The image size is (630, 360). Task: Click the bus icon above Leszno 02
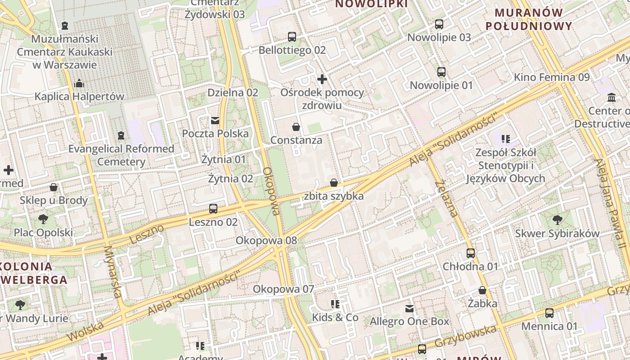click(213, 209)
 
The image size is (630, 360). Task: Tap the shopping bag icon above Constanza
click(296, 127)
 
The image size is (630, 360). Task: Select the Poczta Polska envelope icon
click(215, 120)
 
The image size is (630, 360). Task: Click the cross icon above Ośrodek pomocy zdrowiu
click(322, 79)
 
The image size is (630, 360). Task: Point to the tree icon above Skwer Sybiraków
click(557, 220)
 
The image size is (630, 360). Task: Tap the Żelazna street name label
click(446, 198)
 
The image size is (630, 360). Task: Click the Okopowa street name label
click(271, 191)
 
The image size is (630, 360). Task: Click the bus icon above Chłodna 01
click(471, 253)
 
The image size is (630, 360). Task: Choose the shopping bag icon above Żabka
click(482, 291)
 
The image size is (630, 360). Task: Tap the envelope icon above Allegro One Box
click(409, 309)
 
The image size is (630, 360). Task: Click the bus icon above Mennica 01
click(549, 313)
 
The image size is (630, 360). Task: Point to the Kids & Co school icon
click(335, 304)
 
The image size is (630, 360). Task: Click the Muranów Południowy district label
click(529, 19)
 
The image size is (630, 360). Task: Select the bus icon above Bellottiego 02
click(292, 37)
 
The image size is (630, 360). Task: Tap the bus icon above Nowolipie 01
click(441, 72)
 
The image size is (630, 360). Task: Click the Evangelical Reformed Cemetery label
click(121, 155)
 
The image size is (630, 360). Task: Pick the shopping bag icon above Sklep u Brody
click(54, 187)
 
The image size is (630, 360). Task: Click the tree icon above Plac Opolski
click(43, 220)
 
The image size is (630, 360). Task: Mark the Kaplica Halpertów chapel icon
click(79, 83)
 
